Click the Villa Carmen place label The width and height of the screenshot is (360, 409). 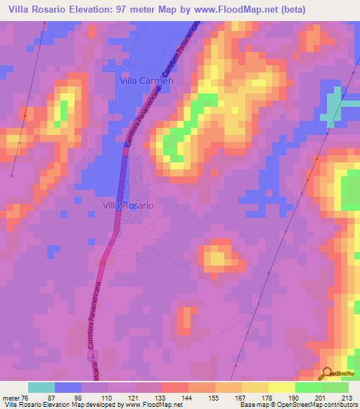click(143, 81)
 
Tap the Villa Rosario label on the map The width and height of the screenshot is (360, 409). click(129, 206)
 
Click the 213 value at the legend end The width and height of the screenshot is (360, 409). click(345, 397)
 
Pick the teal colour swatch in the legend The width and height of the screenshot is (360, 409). click(41, 387)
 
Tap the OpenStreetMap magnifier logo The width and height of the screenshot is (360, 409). click(328, 374)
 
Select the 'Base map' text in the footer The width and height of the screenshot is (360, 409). click(255, 405)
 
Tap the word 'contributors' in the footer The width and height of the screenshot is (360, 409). click(337, 405)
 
